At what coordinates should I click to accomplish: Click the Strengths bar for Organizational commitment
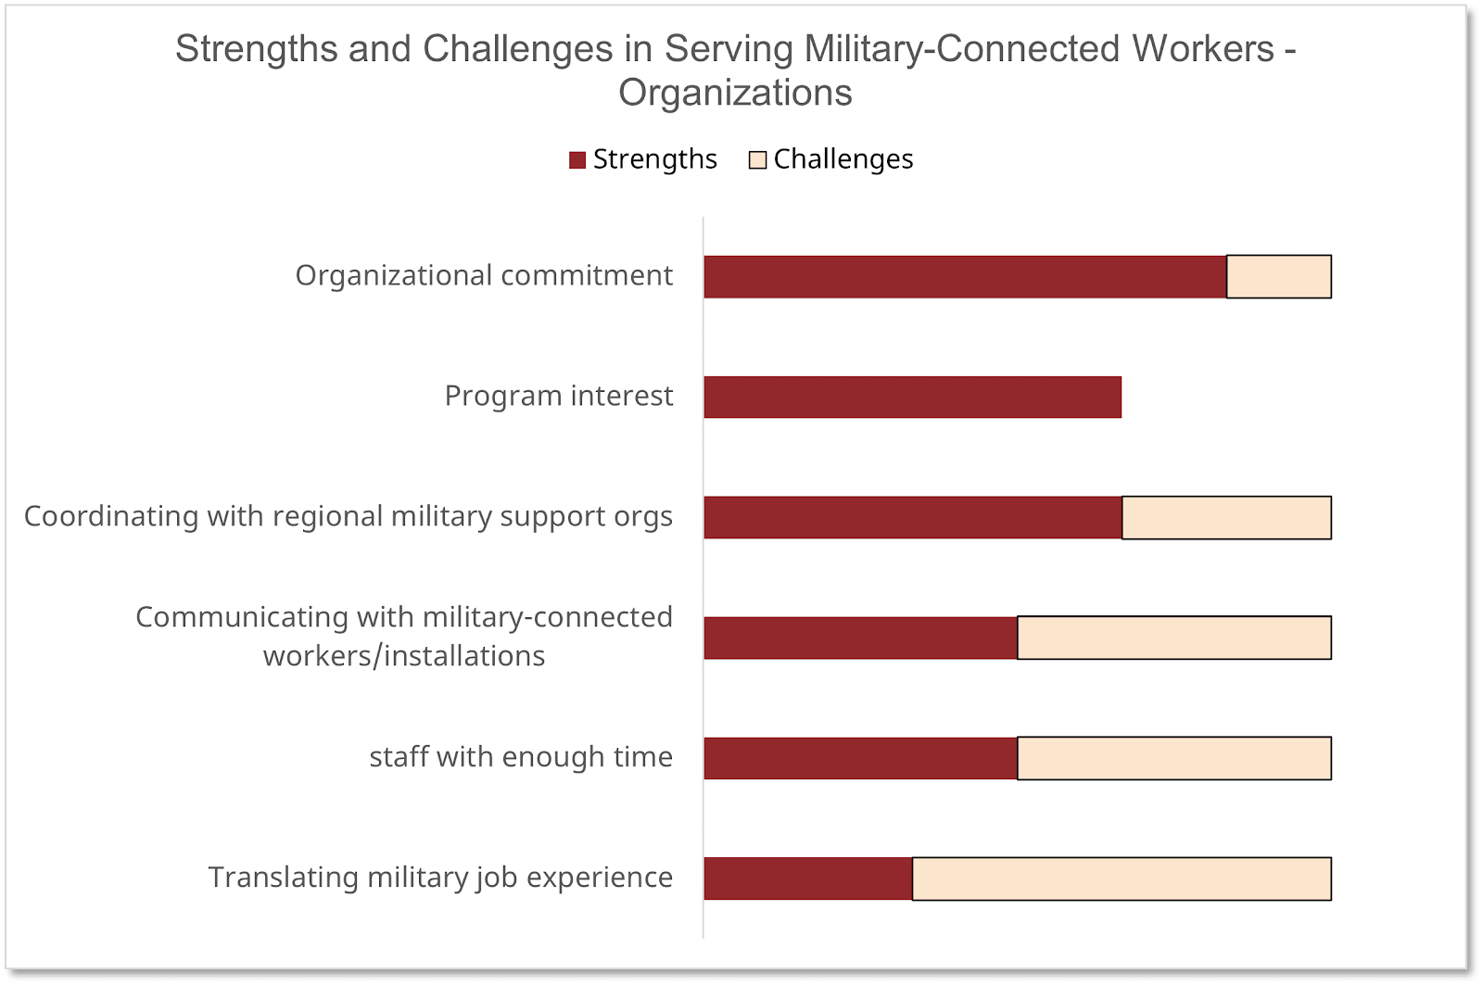pyautogui.click(x=965, y=277)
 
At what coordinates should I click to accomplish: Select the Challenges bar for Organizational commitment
pyautogui.click(x=1279, y=277)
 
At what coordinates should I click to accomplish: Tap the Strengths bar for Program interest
pyautogui.click(x=912, y=398)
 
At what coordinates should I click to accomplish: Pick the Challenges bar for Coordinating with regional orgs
pyautogui.click(x=1226, y=518)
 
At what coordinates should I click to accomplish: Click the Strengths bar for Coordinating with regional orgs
pyautogui.click(x=912, y=518)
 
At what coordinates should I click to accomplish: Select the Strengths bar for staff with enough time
pyautogui.click(x=860, y=758)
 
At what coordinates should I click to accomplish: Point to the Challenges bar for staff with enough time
pyautogui.click(x=1174, y=758)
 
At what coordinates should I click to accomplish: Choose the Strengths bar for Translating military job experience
pyautogui.click(x=807, y=879)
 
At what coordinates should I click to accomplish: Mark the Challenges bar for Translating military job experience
pyautogui.click(x=1122, y=879)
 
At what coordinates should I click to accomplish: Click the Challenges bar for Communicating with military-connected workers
pyautogui.click(x=1174, y=638)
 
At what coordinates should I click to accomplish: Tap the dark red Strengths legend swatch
pyautogui.click(x=577, y=160)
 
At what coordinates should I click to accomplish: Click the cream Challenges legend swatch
pyautogui.click(x=757, y=160)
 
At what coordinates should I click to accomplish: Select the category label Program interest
pyautogui.click(x=558, y=396)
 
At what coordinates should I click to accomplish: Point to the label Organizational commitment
pyautogui.click(x=484, y=275)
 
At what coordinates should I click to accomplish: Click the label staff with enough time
pyautogui.click(x=521, y=757)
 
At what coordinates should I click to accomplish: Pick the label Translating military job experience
pyautogui.click(x=440, y=877)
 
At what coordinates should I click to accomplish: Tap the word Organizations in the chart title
pyautogui.click(x=735, y=93)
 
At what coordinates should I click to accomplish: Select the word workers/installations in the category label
pyautogui.click(x=404, y=656)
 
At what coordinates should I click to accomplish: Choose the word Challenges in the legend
pyautogui.click(x=843, y=159)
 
